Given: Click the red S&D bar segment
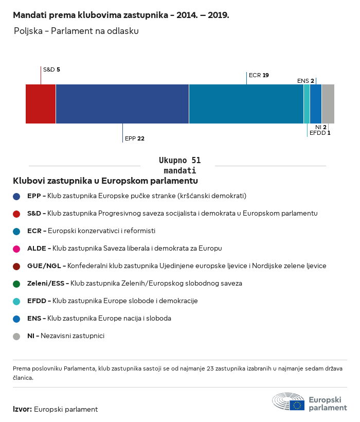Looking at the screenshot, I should (x=41, y=104).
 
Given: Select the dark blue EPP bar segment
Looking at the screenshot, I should (x=122, y=104).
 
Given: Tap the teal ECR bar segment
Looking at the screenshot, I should (x=246, y=104).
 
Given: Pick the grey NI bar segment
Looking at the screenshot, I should (x=328, y=104).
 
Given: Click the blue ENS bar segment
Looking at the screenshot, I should (x=316, y=104).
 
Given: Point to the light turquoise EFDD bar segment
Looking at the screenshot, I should (x=307, y=104).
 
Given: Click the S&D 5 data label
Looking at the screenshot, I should (x=51, y=69).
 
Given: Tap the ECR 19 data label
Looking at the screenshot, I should (x=259, y=75).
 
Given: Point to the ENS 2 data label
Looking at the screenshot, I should (x=305, y=81).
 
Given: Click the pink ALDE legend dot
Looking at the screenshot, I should (x=16, y=249).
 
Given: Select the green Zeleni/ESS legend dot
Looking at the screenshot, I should (x=16, y=284).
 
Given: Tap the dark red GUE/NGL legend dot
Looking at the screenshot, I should (x=16, y=266).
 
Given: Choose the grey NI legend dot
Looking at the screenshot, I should (x=16, y=336).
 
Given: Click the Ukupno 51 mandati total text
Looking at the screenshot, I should (x=179, y=165).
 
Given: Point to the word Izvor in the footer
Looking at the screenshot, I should (x=22, y=409).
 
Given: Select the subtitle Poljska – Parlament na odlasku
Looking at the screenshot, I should (x=76, y=31).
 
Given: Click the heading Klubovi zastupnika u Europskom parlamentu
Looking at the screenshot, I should (x=105, y=181).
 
